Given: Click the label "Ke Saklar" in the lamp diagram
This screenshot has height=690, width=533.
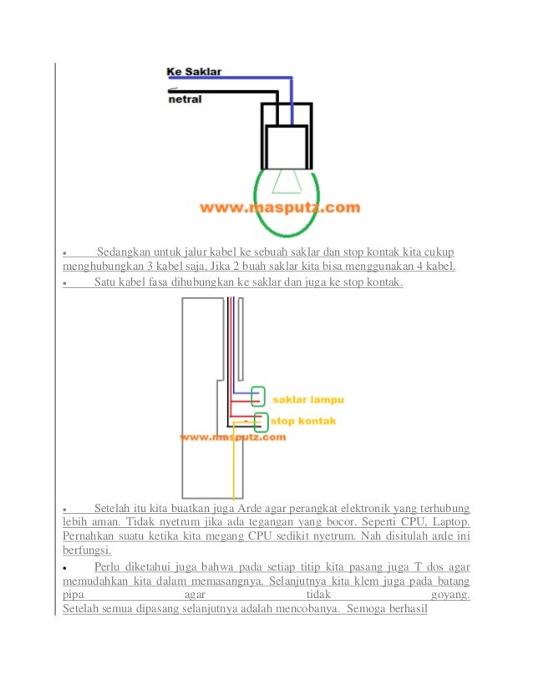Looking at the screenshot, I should click(x=194, y=73).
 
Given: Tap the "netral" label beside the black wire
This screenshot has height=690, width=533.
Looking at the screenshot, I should click(x=185, y=99).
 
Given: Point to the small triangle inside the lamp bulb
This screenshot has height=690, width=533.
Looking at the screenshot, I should click(x=288, y=179).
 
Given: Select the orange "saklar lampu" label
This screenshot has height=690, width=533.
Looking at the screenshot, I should click(x=309, y=399).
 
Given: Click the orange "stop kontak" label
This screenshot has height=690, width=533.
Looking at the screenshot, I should click(x=302, y=421).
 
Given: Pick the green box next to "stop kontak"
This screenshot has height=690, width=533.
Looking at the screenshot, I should click(x=261, y=420).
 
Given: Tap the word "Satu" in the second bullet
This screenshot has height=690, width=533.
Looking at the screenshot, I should click(x=105, y=282).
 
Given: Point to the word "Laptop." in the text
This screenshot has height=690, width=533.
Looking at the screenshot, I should click(x=451, y=522).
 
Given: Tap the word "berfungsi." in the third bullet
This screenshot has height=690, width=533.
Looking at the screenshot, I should click(x=88, y=550).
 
